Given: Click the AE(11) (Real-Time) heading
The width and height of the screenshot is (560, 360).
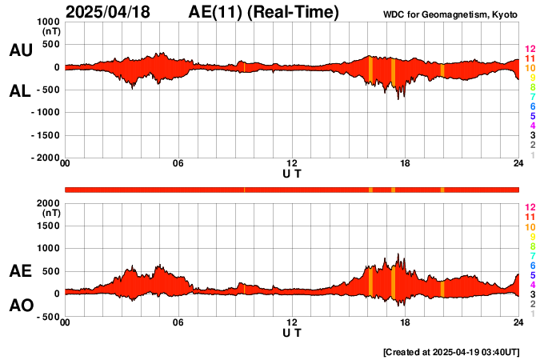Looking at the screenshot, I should click(x=264, y=12).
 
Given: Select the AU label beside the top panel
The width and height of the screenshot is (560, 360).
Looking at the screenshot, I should click(x=20, y=50).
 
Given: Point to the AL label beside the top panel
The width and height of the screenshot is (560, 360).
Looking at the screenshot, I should click(x=20, y=91).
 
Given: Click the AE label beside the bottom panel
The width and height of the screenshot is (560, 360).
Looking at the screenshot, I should click(x=20, y=272).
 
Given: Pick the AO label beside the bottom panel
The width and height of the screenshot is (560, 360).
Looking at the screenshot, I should click(x=20, y=306).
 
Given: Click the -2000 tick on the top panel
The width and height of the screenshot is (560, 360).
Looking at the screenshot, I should click(x=46, y=158).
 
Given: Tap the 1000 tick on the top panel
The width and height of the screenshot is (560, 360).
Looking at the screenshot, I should click(x=49, y=22).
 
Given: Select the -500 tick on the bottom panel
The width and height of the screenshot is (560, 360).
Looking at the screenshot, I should click(x=49, y=317).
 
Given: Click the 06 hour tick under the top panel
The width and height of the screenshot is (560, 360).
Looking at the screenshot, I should click(x=178, y=164).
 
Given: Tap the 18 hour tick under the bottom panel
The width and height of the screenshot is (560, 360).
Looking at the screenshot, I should click(x=406, y=322).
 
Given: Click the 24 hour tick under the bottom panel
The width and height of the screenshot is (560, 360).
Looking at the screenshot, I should click(x=518, y=322).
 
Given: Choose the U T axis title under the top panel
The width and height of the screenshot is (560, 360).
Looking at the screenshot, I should click(x=292, y=174).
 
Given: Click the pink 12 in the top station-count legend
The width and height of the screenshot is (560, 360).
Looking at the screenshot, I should click(x=529, y=49).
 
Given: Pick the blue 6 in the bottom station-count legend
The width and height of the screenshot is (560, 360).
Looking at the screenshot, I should click(x=532, y=265).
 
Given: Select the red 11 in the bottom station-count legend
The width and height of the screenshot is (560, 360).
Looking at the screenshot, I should click(x=529, y=217).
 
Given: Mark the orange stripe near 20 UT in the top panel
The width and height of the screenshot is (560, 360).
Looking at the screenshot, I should click(x=442, y=70).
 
